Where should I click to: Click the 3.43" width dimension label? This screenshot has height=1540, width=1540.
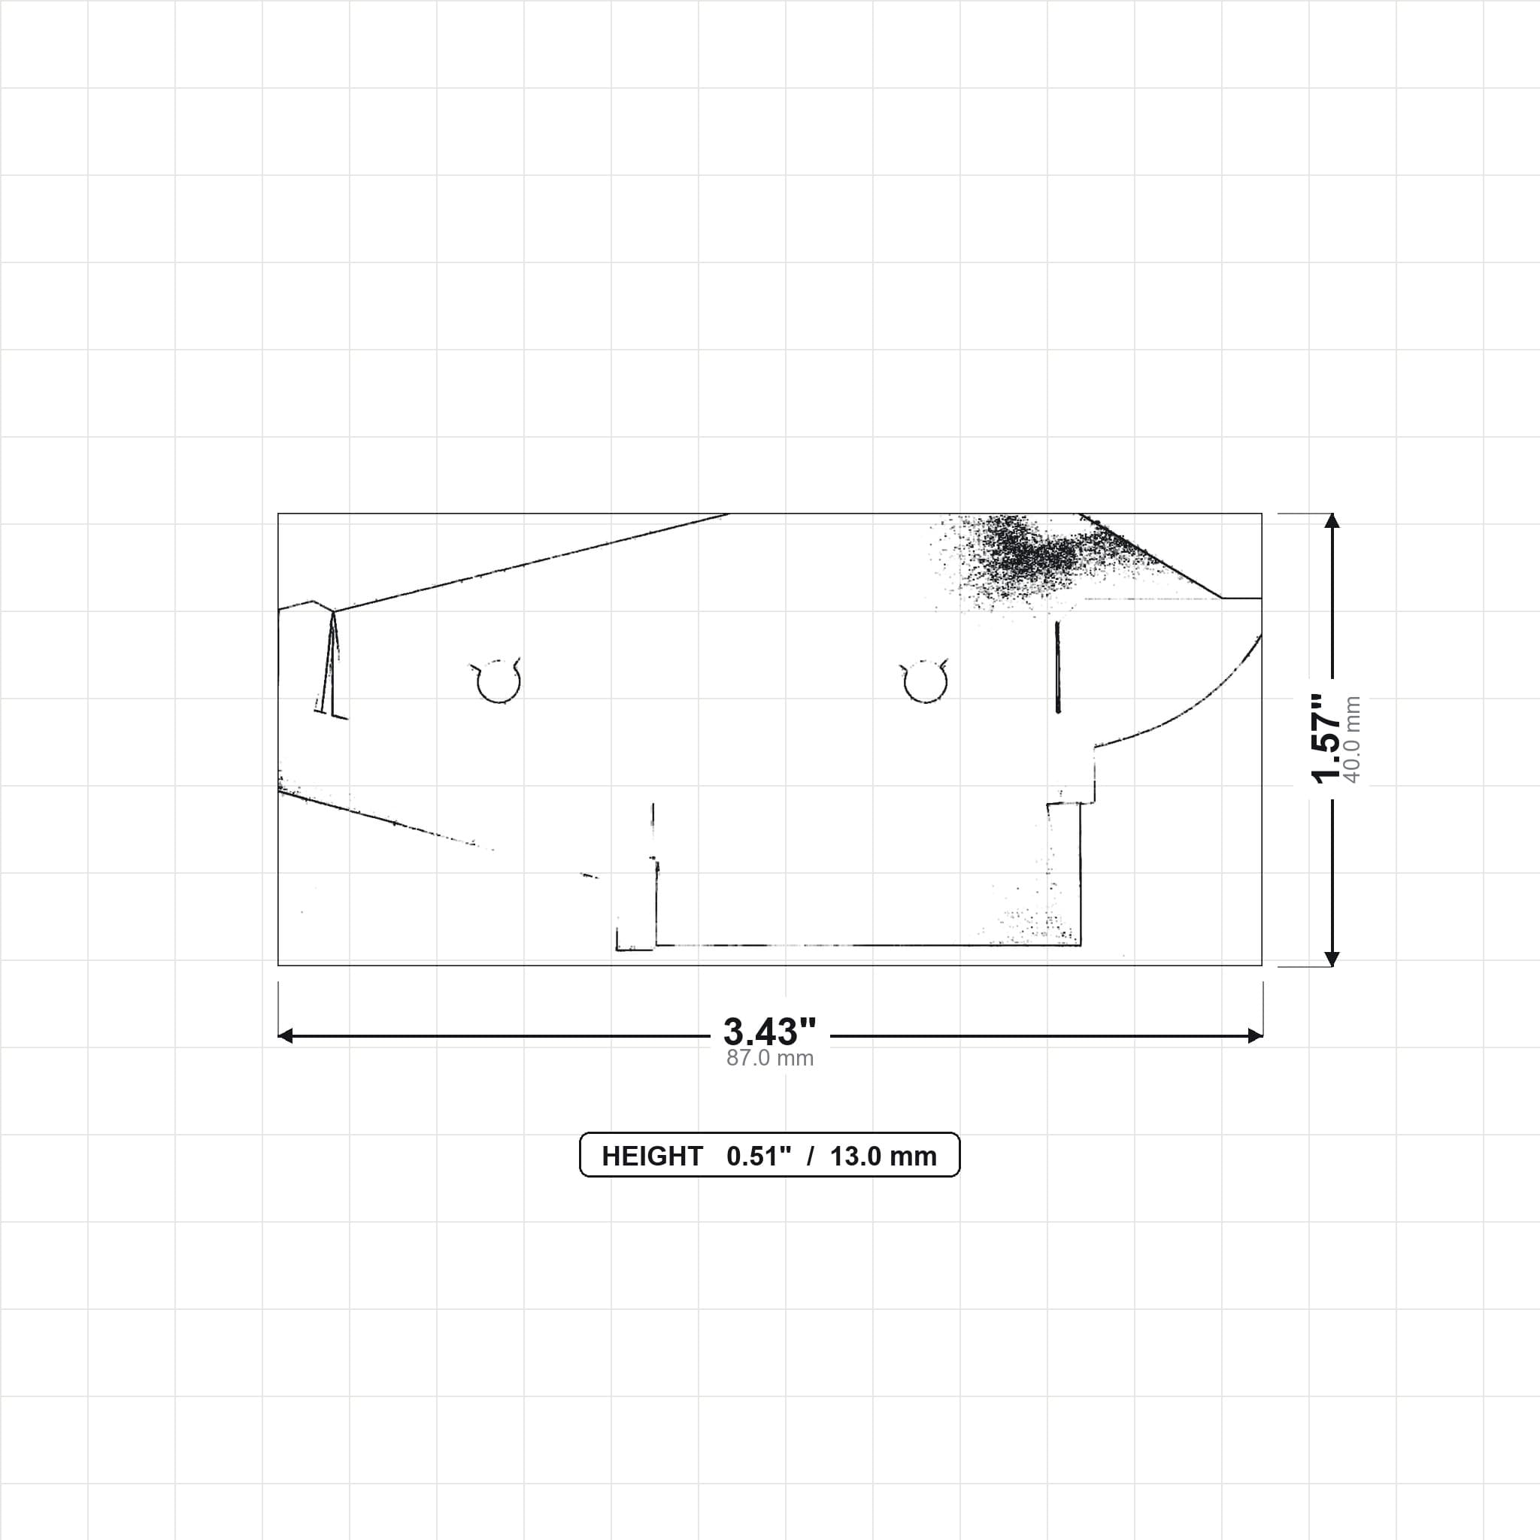coord(769,1032)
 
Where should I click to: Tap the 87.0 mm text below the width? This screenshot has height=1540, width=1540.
coord(770,1058)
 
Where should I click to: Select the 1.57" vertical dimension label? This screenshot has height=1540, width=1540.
coord(1326,739)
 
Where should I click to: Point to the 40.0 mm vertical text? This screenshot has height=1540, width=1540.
coord(1352,739)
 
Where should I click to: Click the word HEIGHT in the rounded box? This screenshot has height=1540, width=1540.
coord(652,1156)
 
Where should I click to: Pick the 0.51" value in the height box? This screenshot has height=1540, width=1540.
coord(759,1156)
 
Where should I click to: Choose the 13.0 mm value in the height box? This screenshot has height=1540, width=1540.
coord(884,1156)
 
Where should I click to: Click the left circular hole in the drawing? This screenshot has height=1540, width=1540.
coord(499,681)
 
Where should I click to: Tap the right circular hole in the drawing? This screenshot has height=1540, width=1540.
coord(926,681)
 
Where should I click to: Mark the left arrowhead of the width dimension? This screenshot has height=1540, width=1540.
coord(284,1035)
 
